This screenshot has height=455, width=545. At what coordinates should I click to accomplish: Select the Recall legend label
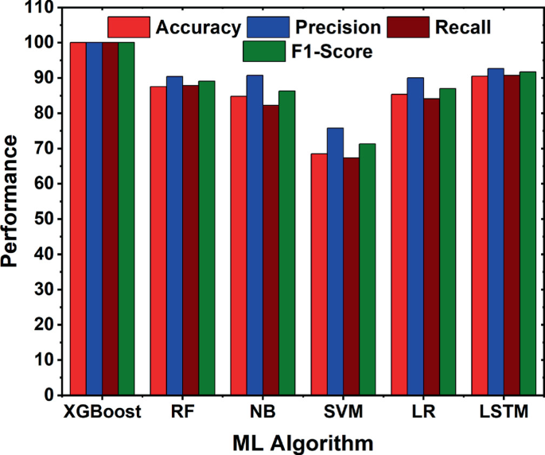point(463,28)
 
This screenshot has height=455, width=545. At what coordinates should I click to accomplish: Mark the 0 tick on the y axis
point(49,395)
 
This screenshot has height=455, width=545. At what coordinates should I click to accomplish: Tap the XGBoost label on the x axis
point(103,412)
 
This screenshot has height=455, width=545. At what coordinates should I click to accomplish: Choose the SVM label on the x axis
point(343,412)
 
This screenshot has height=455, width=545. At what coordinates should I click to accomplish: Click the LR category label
point(423,412)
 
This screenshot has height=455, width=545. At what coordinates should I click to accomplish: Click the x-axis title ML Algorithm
point(303,441)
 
